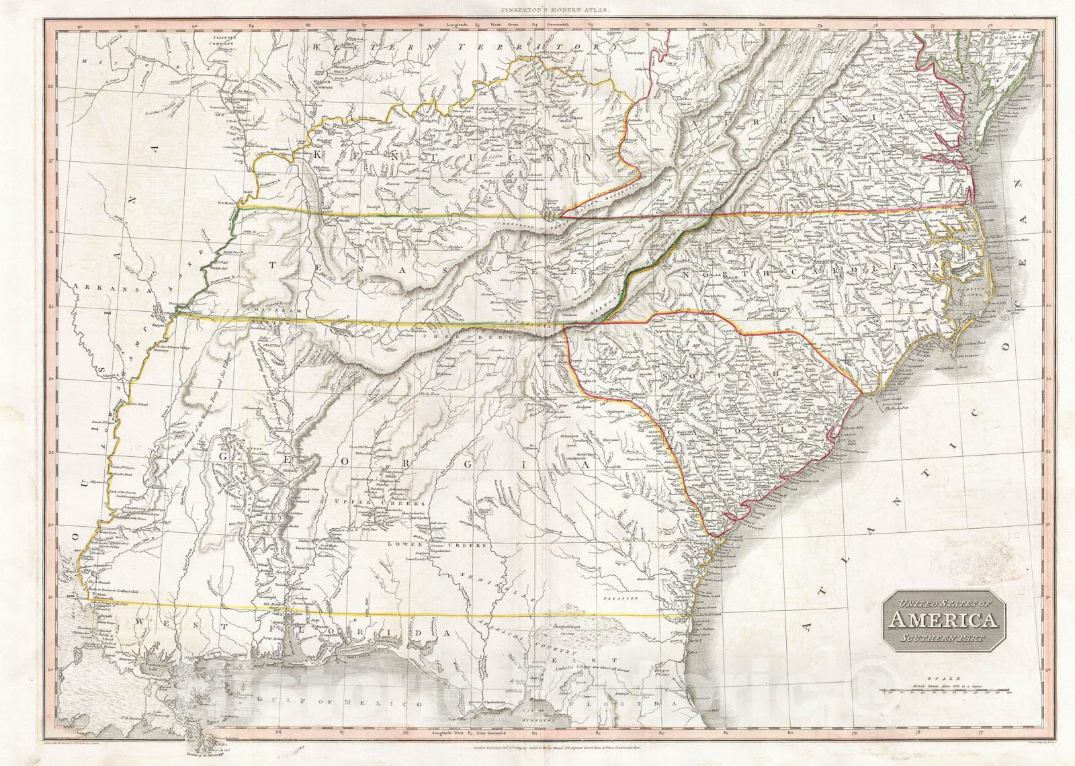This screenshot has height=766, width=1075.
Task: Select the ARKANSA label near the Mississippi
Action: click(x=93, y=287)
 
